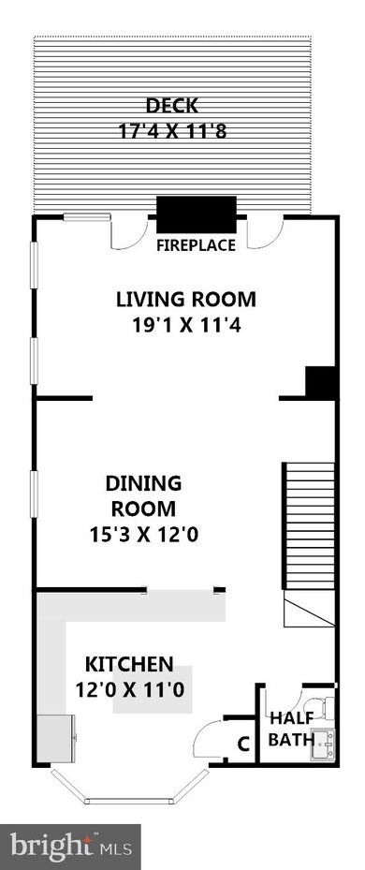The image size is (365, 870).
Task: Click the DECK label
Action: (x=172, y=104)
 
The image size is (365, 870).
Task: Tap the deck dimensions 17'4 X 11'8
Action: (x=172, y=131)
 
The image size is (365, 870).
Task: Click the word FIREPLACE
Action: (x=196, y=244)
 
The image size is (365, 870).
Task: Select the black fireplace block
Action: (x=197, y=214)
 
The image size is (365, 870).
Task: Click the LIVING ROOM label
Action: (x=186, y=299)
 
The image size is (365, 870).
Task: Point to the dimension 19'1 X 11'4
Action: (x=186, y=325)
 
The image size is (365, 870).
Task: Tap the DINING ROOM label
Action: (x=144, y=495)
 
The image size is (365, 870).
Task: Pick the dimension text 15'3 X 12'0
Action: (x=144, y=535)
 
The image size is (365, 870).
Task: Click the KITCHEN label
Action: (x=129, y=663)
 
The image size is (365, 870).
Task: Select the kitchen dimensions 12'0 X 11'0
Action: (x=129, y=689)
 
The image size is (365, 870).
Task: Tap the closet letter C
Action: (x=242, y=744)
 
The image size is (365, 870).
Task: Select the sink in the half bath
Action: (x=323, y=745)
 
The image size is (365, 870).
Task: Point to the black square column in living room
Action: (x=321, y=382)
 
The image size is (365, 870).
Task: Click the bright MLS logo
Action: (x=70, y=847)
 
